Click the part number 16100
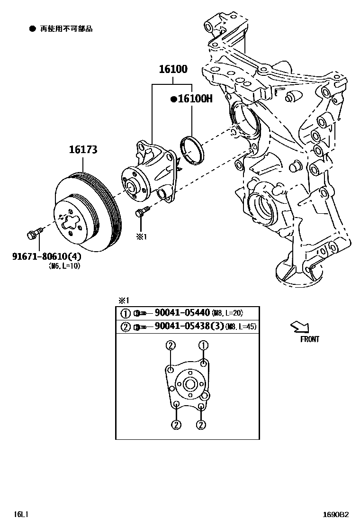click(x=173, y=69)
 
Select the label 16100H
click(x=191, y=99)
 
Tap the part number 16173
click(x=83, y=150)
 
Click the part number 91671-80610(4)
click(x=46, y=256)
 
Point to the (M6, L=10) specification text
click(x=64, y=266)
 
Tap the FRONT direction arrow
click(x=300, y=326)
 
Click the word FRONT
click(x=309, y=339)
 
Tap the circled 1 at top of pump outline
click(x=204, y=345)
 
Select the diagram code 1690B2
click(x=336, y=514)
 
